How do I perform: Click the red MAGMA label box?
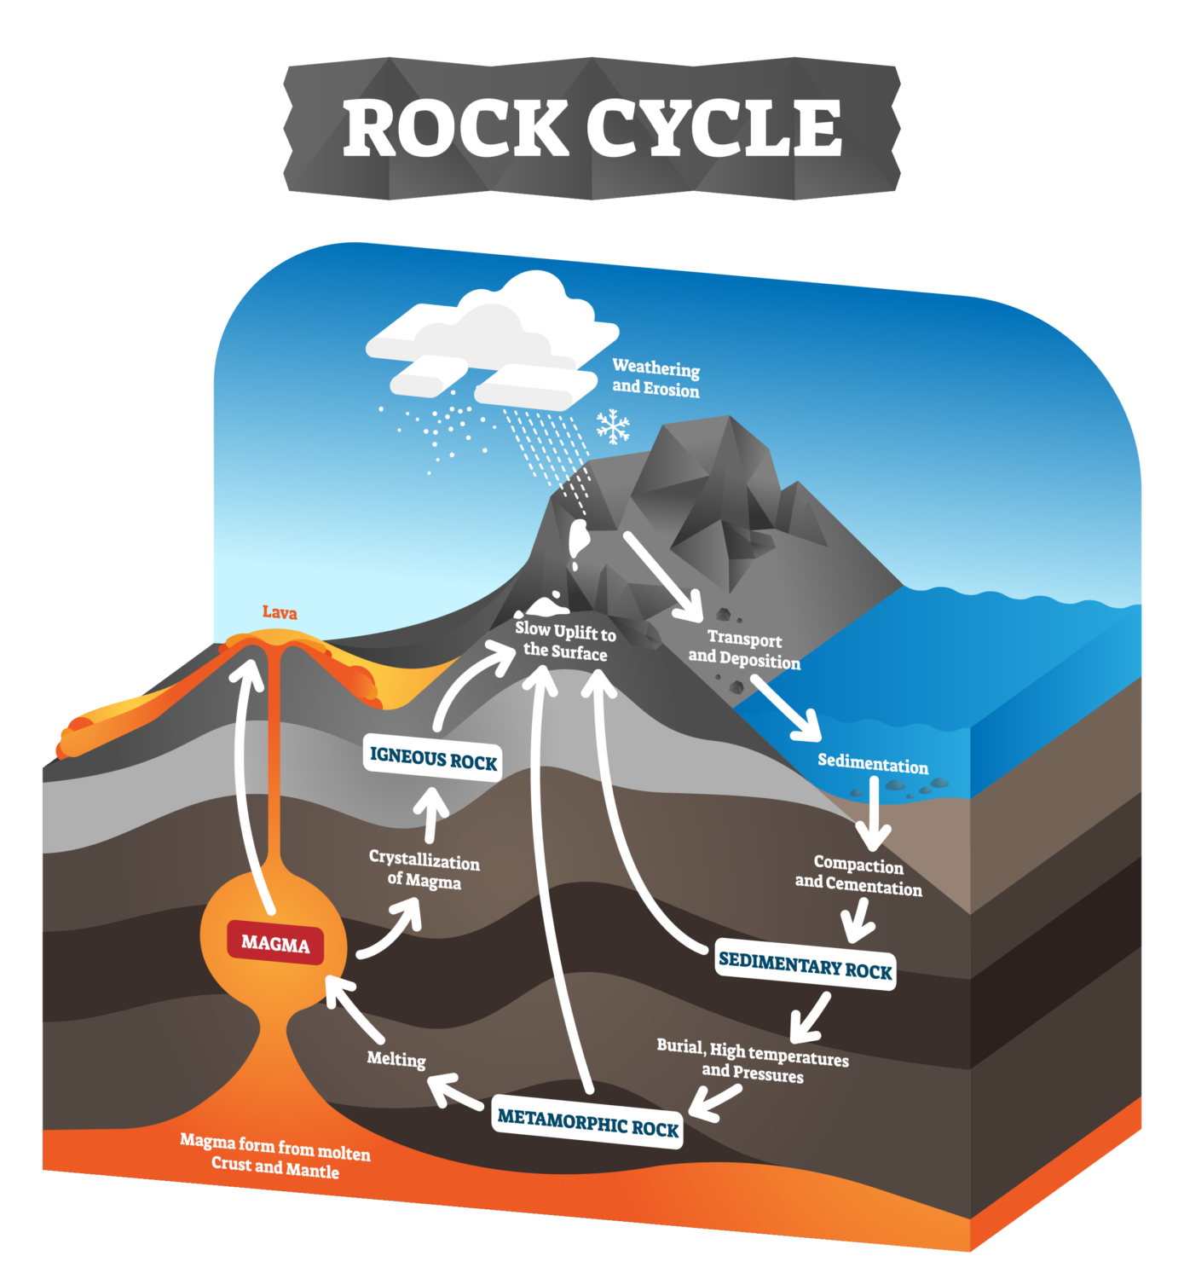tap(275, 944)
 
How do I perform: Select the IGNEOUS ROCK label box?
tap(432, 757)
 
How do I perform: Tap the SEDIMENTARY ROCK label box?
tap(805, 966)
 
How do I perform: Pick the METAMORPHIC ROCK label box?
tap(587, 1122)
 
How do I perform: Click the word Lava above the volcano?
tap(280, 612)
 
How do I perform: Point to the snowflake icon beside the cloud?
tap(612, 426)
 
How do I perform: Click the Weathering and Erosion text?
tap(656, 378)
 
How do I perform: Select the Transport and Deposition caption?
tap(744, 649)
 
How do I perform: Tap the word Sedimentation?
tap(872, 763)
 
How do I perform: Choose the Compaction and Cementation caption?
tap(858, 876)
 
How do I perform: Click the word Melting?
tap(396, 1058)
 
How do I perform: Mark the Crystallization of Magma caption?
tap(424, 869)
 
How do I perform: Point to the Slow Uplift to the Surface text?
tap(564, 641)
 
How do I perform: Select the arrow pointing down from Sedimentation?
tap(874, 814)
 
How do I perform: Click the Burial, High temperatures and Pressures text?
tap(752, 1061)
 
